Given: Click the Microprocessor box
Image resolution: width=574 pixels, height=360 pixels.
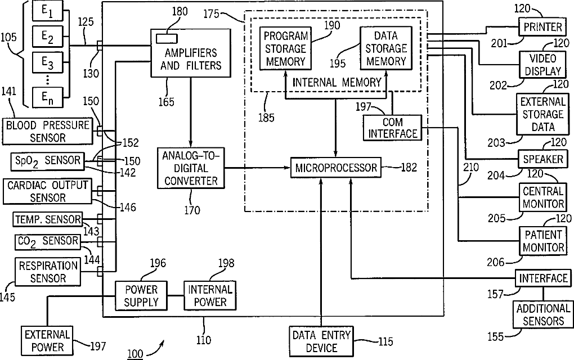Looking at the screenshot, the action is point(336,168).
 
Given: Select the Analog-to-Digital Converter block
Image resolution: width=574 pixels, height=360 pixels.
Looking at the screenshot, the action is point(191,168).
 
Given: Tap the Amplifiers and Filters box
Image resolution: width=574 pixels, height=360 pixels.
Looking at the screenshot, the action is point(191,53).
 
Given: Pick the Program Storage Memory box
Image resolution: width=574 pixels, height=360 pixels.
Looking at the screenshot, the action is point(285,48).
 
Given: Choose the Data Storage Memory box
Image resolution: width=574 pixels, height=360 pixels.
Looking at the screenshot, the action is point(386,48).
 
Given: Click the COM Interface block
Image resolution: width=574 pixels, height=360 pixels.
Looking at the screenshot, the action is point(392,128).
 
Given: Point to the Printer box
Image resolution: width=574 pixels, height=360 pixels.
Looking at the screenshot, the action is point(542,26).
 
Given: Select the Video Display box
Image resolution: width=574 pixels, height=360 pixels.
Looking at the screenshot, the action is point(542,64).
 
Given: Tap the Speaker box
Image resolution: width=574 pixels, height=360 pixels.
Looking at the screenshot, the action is point(542,159).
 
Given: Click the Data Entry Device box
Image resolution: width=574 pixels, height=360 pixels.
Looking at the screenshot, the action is point(321,341).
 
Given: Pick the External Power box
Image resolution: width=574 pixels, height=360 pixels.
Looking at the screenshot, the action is point(47,341).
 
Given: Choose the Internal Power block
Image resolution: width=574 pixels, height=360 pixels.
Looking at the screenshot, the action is point(210,296).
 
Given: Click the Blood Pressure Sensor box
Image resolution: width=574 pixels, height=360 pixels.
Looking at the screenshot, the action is point(48,131).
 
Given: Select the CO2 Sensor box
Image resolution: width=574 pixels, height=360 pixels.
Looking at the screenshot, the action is point(48,241).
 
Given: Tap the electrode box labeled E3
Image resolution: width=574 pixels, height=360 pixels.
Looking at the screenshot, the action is point(47,62).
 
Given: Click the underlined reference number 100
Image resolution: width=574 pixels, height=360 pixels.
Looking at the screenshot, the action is point(135,353).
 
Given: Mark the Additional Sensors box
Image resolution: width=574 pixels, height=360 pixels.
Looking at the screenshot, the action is point(543,314).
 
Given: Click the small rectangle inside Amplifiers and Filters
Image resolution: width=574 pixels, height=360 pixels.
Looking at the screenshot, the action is point(167,38).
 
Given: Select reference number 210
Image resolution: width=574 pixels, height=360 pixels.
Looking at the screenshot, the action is point(471,167).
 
